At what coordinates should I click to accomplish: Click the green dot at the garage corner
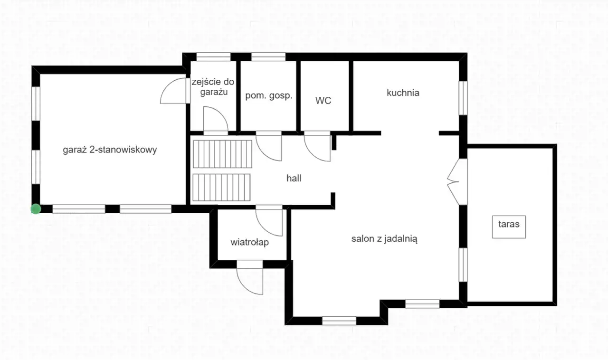tap(36, 209)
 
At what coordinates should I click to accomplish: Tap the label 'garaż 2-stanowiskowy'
tap(110, 150)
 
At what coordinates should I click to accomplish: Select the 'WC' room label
tap(323, 101)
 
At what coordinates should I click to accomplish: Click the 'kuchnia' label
tap(403, 93)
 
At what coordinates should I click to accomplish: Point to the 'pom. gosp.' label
tap(269, 96)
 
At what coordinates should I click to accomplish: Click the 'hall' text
tap(294, 179)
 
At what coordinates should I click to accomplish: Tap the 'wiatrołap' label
tap(250, 242)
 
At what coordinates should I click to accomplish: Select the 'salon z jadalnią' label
tap(384, 239)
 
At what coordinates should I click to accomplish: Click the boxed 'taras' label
tap(509, 227)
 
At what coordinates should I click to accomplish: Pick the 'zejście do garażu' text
tap(213, 87)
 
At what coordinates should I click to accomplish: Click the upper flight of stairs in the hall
tap(223, 154)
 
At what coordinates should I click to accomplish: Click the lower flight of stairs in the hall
tap(221, 187)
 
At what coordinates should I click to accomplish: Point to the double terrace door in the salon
tap(457, 181)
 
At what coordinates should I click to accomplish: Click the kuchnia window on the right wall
tap(463, 98)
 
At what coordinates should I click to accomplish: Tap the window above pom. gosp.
tap(268, 57)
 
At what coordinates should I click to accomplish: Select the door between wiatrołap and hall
tap(269, 221)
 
